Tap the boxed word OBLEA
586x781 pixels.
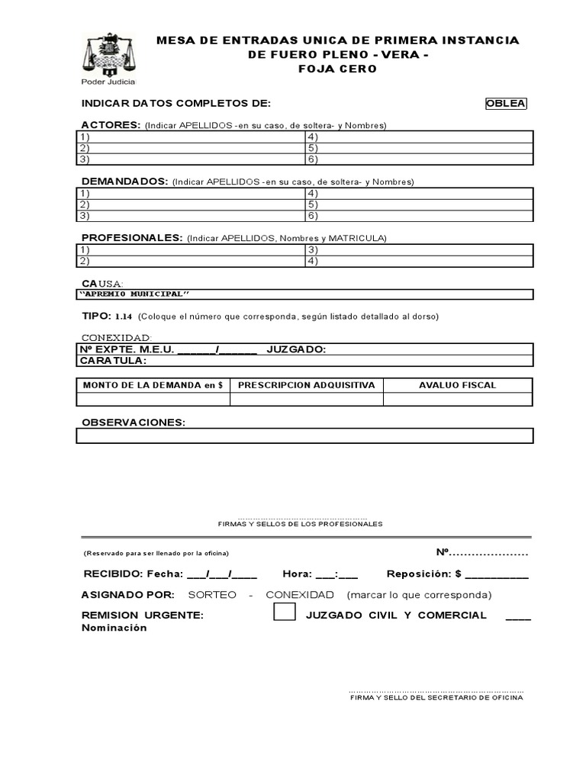click(x=507, y=104)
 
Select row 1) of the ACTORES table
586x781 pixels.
click(x=191, y=137)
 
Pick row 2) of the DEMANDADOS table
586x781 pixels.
click(x=191, y=204)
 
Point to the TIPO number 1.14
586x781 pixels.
click(x=124, y=317)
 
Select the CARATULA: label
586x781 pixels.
click(x=113, y=361)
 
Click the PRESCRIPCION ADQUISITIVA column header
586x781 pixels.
click(x=306, y=385)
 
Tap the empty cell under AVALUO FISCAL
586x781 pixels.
click(x=457, y=399)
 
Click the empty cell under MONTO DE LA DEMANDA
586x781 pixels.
click(x=153, y=399)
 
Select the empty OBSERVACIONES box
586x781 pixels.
click(x=304, y=435)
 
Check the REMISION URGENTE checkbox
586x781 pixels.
click(x=285, y=612)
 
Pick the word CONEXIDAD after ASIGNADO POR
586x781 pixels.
click(x=300, y=595)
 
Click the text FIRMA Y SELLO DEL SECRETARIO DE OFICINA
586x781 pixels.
click(x=436, y=698)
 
